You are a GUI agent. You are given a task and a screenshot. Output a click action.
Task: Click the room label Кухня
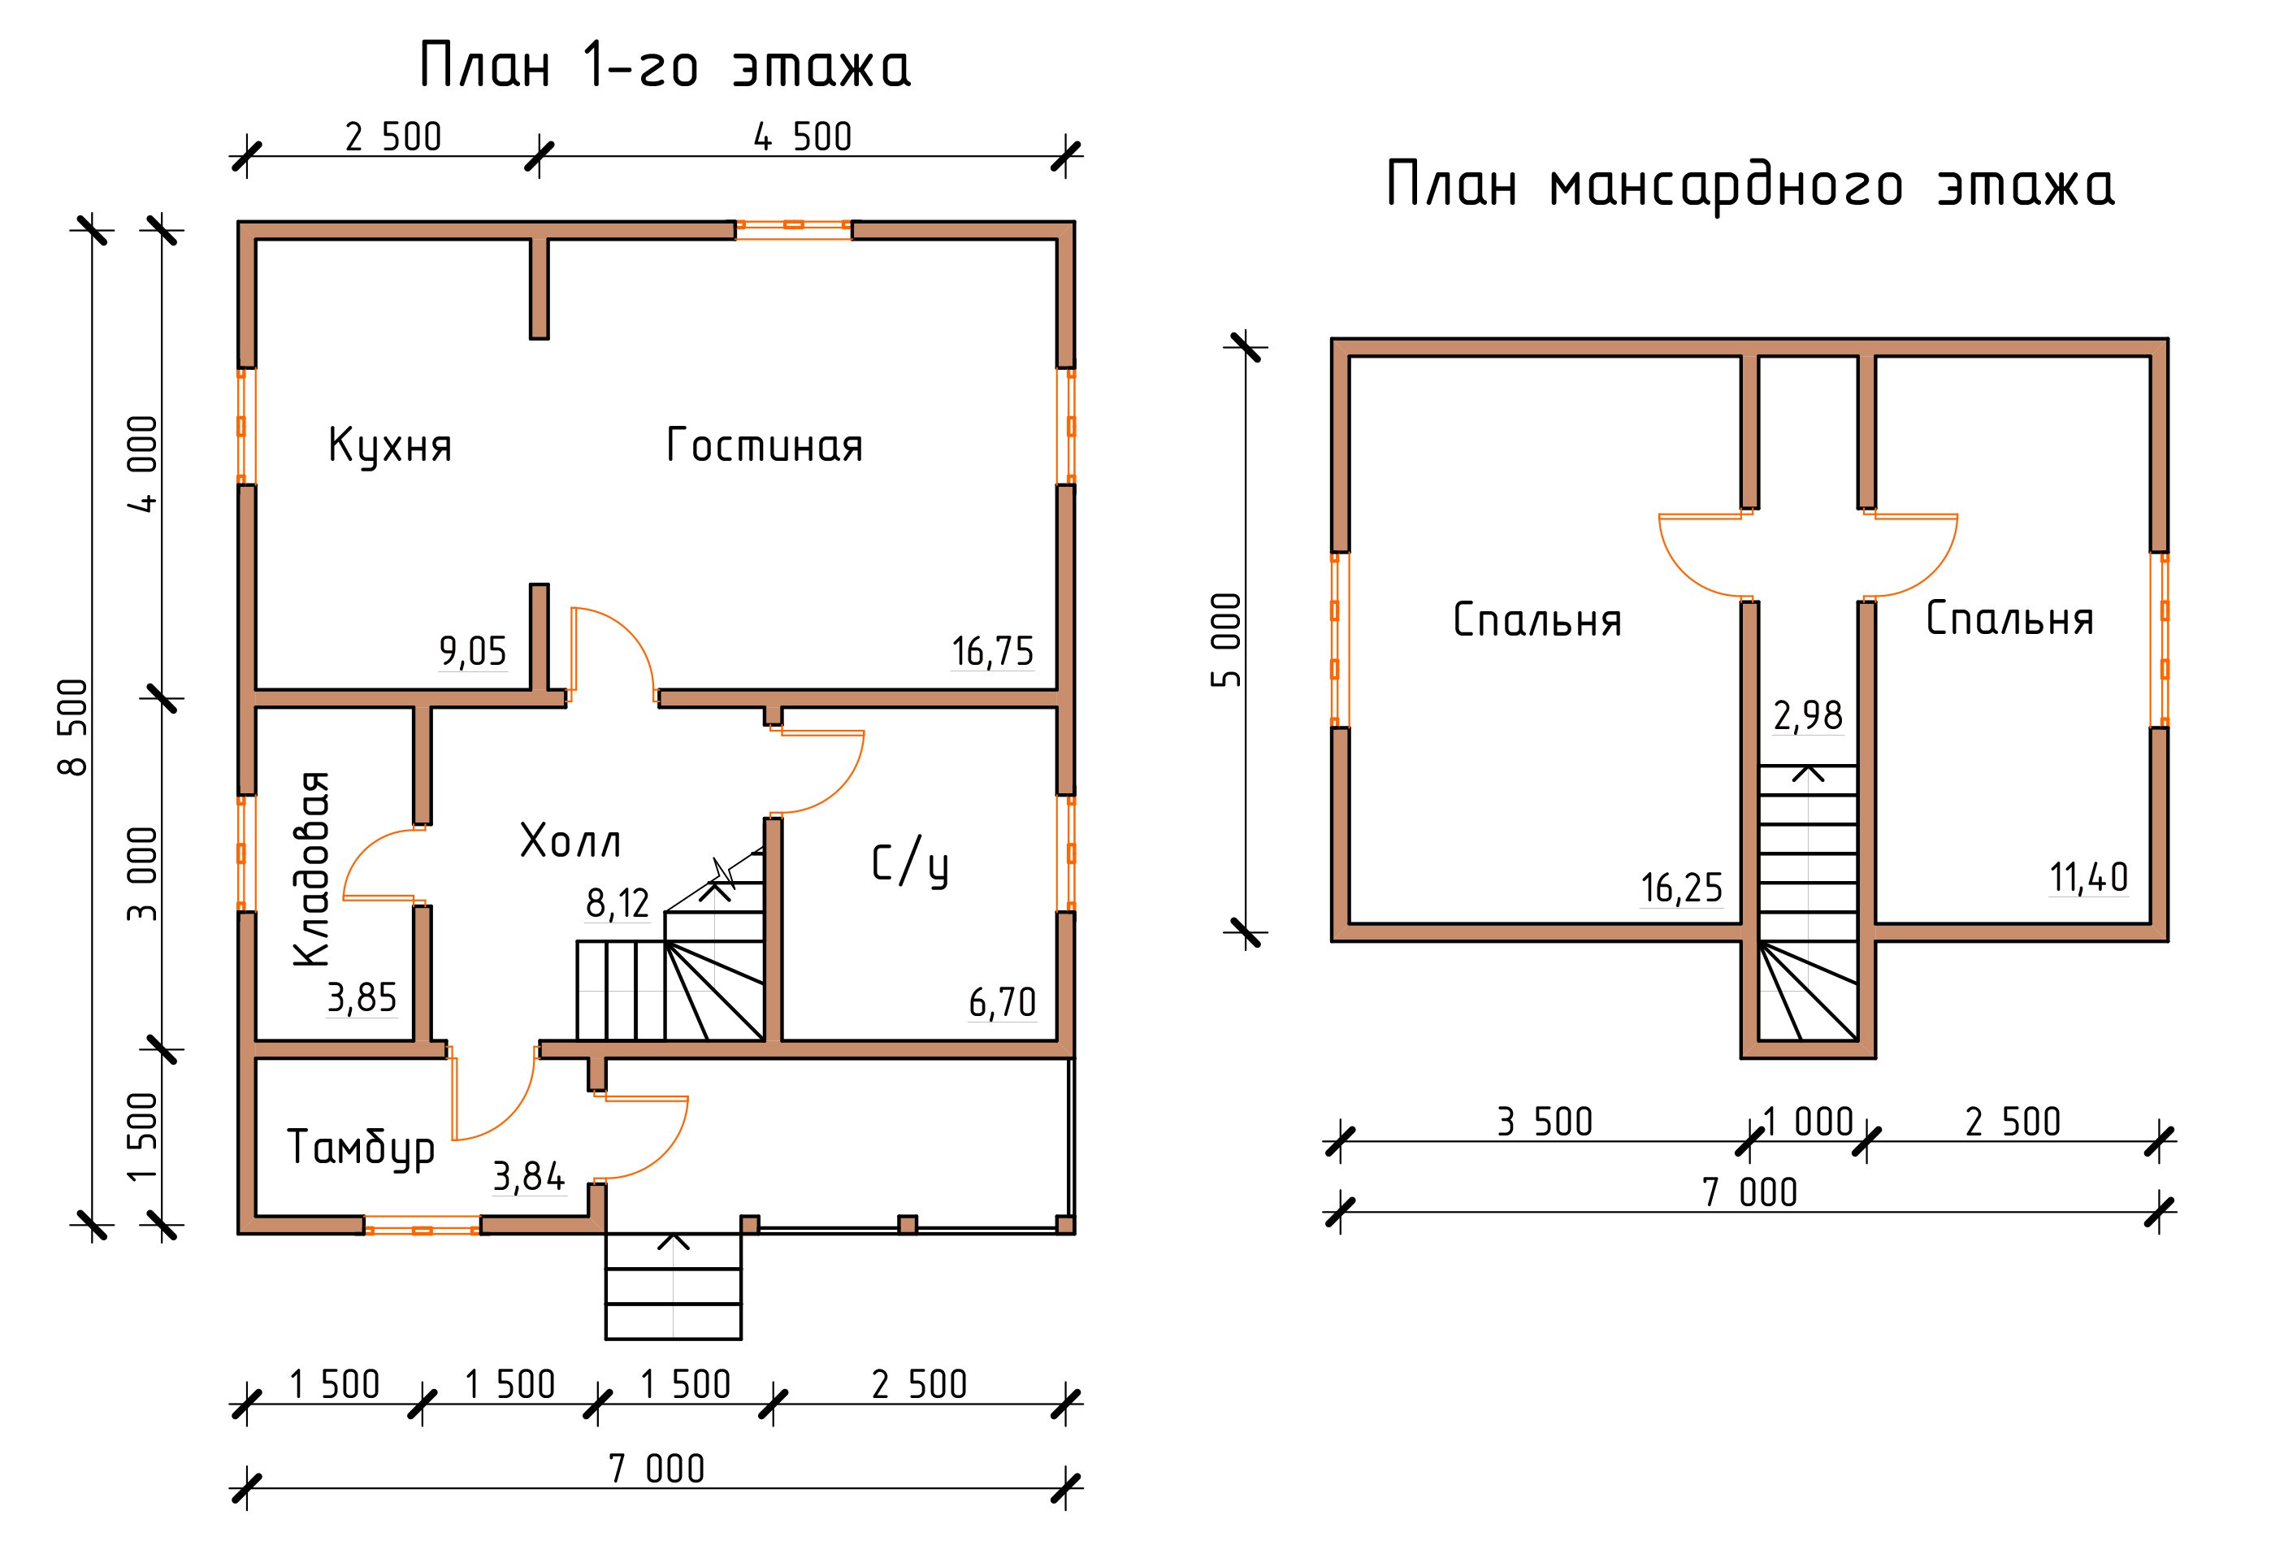pos(390,445)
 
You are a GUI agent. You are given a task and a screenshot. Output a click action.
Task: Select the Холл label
pos(570,840)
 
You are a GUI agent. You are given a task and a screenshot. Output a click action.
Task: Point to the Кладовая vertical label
pos(313,869)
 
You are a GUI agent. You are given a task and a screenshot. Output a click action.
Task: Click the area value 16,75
pos(992,652)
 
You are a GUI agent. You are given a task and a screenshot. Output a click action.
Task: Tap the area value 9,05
pos(473,651)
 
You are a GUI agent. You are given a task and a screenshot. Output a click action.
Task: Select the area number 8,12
pos(618,904)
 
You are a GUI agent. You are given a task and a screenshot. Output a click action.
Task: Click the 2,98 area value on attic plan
pos(1808,716)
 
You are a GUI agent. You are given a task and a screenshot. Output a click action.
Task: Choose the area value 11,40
pos(2088,879)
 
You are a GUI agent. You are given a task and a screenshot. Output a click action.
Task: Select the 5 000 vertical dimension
pos(1228,640)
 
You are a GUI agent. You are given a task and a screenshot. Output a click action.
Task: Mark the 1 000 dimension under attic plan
pos(1808,1122)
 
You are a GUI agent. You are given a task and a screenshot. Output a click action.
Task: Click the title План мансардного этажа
pos(1750,185)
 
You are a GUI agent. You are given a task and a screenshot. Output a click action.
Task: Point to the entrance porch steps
pos(674,1286)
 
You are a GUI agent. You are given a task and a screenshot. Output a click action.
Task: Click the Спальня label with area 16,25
pos(1537,621)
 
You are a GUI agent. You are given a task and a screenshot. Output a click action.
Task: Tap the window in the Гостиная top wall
pos(794,226)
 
